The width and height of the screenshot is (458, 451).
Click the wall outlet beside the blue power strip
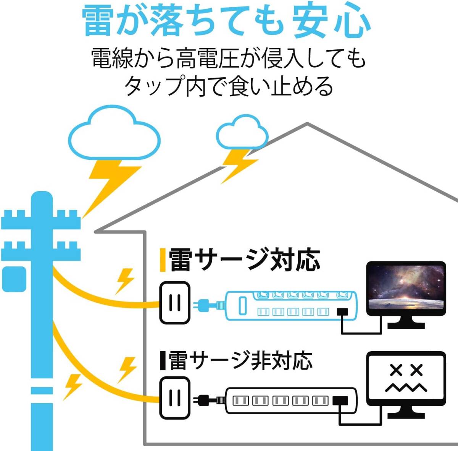(175, 302)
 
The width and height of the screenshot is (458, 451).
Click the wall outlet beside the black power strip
(175, 398)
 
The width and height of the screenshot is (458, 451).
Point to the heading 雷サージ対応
(244, 260)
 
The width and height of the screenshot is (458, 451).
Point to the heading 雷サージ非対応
(240, 360)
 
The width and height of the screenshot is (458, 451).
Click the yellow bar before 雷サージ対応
(163, 260)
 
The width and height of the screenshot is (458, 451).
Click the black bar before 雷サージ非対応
(163, 360)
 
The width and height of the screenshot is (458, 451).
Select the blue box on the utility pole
(14, 279)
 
